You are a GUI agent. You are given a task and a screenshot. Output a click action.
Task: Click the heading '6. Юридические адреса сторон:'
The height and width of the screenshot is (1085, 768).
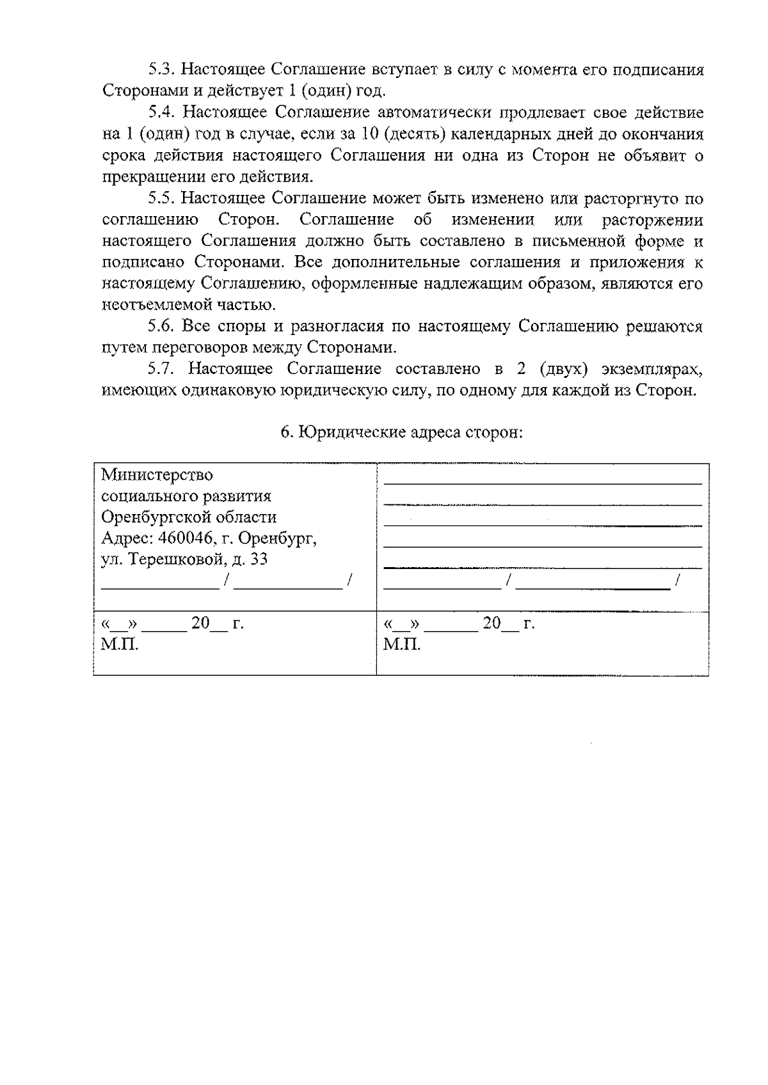click(x=402, y=432)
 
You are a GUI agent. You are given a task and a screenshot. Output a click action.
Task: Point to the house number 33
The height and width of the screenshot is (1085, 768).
click(x=259, y=560)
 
